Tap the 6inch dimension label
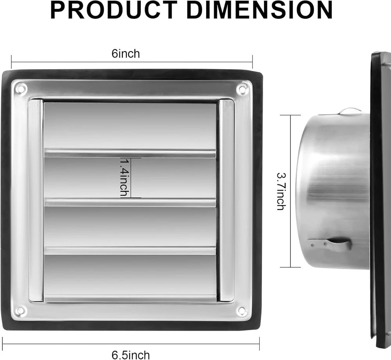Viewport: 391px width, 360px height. [126, 54]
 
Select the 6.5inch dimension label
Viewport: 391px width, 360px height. [131, 355]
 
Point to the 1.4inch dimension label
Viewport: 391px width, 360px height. [125, 178]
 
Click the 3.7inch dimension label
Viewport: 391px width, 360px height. [281, 191]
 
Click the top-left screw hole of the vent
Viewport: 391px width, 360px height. [22, 88]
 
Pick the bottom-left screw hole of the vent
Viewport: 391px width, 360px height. [22, 310]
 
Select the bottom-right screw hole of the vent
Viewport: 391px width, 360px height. [241, 310]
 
